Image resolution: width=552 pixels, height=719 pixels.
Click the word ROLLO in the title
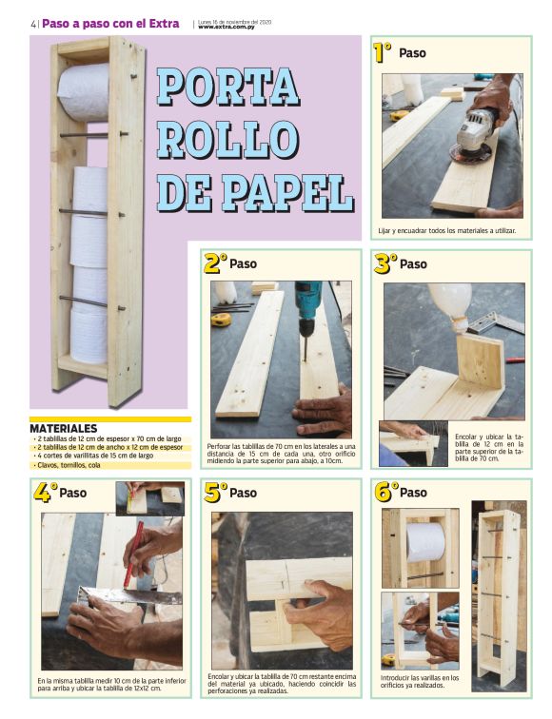pos(226,139)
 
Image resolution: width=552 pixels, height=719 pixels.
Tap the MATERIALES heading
pos(63,428)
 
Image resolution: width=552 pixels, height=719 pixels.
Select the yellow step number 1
pos(383,53)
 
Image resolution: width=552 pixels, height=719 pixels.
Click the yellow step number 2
pos(215,263)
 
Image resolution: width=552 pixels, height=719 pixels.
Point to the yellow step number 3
pos(384,263)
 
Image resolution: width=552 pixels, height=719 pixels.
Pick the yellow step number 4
pos(44,493)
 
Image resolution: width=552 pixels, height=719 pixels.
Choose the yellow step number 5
pos(215,493)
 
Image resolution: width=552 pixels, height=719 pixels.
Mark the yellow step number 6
pos(384,493)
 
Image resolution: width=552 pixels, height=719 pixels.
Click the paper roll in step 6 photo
pos(425,542)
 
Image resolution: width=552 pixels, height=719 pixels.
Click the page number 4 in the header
pos(32,24)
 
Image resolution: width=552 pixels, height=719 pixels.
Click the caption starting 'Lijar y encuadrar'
pos(446,230)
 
